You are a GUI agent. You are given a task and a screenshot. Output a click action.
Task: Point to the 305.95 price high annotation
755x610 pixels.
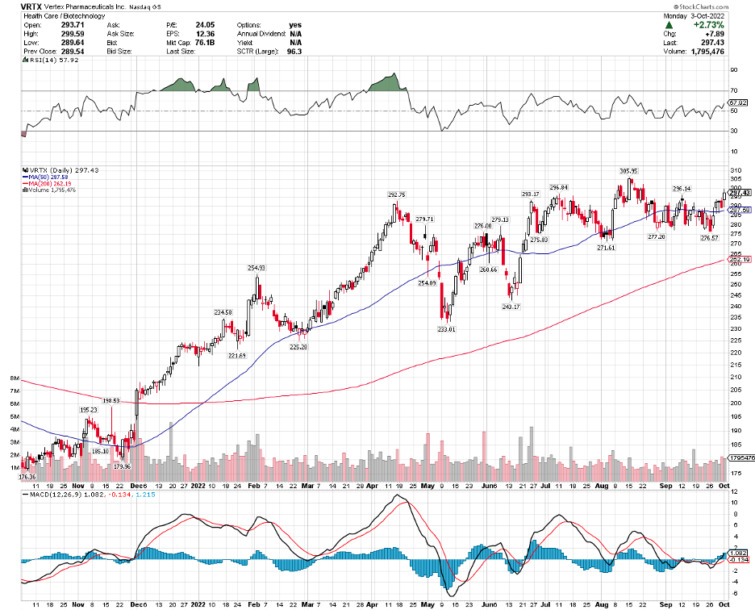click(x=628, y=171)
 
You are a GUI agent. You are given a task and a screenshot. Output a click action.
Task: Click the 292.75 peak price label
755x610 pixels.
click(x=395, y=194)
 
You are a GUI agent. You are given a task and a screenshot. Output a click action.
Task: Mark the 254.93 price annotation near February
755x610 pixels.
click(x=256, y=267)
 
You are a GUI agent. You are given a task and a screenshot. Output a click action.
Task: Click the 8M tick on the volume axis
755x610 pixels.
click(x=15, y=378)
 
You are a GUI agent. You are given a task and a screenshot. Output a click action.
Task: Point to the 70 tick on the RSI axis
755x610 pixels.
click(x=734, y=91)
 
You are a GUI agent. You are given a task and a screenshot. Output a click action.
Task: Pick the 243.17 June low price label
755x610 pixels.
click(x=509, y=306)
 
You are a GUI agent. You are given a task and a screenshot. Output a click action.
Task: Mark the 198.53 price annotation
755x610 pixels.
click(x=111, y=400)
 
